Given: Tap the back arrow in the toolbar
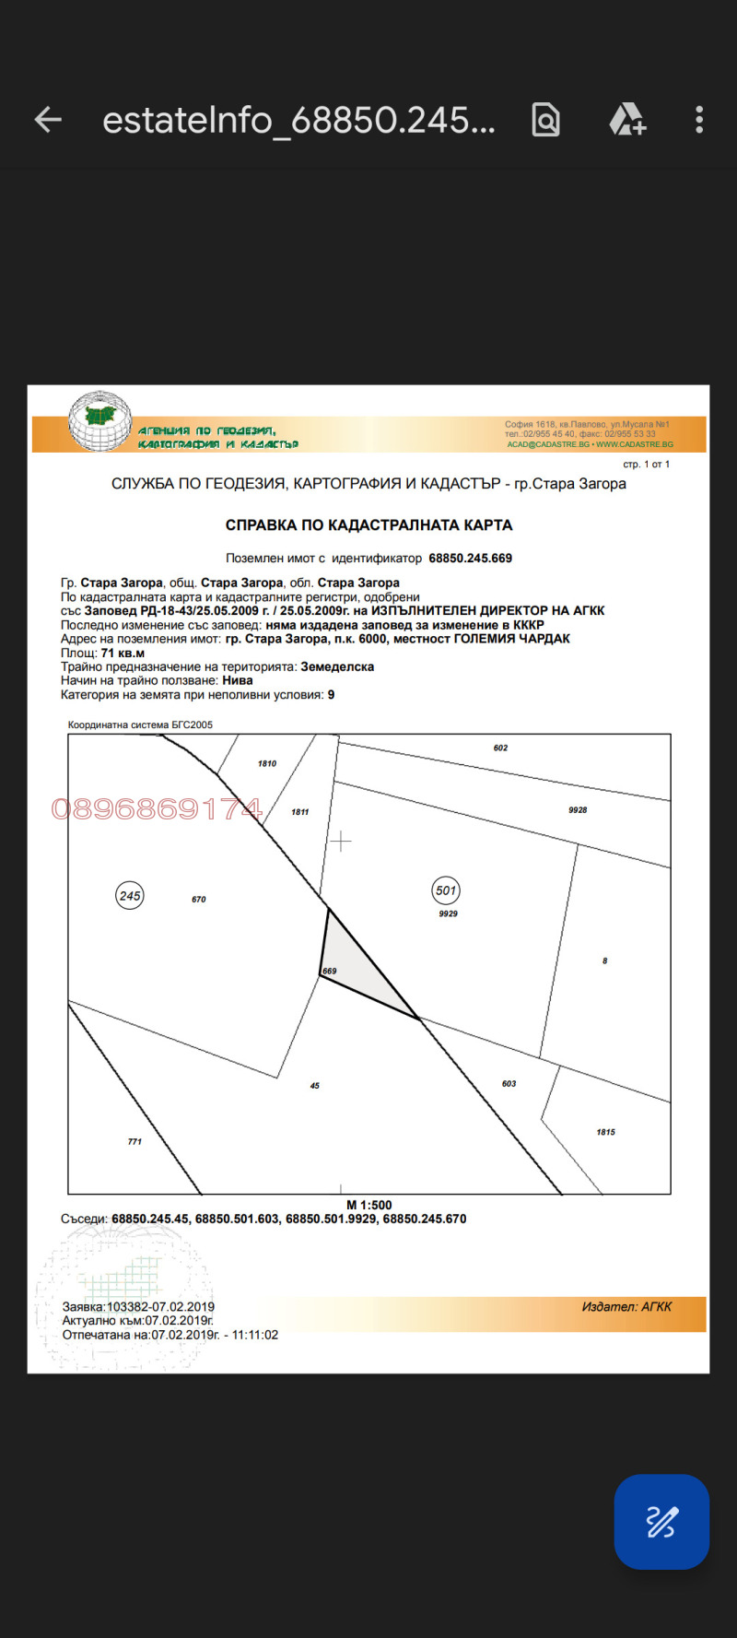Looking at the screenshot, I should [48, 120].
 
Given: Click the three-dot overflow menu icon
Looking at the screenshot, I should [699, 120].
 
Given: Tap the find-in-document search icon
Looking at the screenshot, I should [545, 120].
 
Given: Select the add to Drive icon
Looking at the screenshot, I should [627, 120].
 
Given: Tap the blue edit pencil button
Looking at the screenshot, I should [661, 1522].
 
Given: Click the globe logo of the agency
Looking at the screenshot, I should [99, 421].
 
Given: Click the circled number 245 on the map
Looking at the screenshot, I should [130, 896].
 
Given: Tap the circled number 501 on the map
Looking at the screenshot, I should [446, 890].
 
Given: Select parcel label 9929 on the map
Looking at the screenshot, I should [448, 914].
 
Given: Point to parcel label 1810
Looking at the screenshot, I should [267, 764].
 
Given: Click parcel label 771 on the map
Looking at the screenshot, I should [135, 1142].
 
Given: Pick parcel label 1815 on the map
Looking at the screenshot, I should [605, 1133].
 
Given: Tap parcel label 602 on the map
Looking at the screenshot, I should [500, 748].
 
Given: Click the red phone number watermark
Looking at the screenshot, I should [157, 809].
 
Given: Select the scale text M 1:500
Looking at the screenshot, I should [368, 1205].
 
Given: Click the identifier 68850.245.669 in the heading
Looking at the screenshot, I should [470, 559].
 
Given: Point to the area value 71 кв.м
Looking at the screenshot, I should [123, 654].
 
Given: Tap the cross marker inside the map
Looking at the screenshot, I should [341, 842].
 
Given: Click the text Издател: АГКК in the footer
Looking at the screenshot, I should [626, 1307].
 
